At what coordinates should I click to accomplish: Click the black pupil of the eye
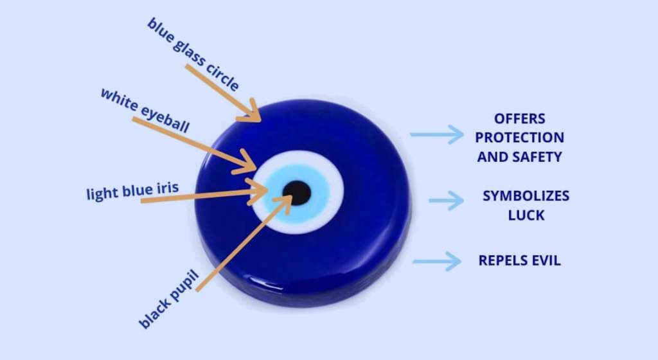coord(297,193)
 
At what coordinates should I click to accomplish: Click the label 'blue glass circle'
coord(193,54)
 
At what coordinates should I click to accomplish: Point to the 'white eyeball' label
coord(145,111)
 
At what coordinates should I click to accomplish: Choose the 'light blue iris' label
coord(132,191)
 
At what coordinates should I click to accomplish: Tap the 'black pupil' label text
coord(168,299)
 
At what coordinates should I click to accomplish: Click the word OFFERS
coord(519,119)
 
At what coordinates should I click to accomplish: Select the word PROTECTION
coord(519,138)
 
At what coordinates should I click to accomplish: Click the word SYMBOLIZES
coord(526,196)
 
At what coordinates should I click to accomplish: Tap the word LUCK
coord(526,215)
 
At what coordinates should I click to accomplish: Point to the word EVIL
coord(546,260)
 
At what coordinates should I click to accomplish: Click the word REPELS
coord(503,260)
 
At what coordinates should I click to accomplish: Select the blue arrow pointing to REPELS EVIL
coord(437,262)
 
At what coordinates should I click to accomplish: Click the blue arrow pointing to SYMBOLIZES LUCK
coord(446,200)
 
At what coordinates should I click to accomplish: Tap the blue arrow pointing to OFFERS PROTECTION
coord(437,134)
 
